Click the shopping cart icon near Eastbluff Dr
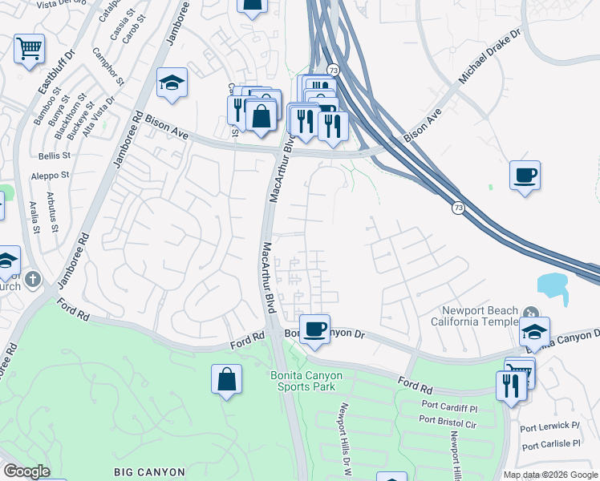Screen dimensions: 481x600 coord(29,49)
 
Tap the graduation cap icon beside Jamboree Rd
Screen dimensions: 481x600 coord(172,83)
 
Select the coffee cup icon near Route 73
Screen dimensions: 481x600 coord(525,176)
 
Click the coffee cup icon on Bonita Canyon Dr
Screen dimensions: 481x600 coord(316,328)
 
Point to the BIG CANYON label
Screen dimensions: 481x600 coord(149,472)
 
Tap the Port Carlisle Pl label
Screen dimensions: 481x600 coord(549,443)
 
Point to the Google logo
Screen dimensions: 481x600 coord(26,471)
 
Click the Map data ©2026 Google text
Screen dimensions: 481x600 coord(549,475)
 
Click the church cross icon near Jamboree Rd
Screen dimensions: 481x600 coord(32,280)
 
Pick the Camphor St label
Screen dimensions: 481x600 coord(108,70)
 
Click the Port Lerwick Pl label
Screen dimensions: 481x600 coord(549,425)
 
